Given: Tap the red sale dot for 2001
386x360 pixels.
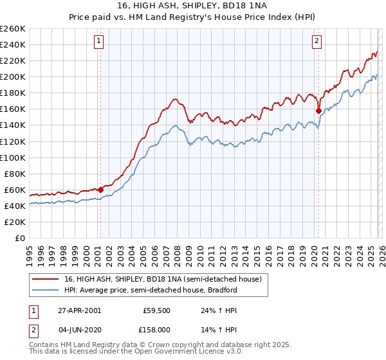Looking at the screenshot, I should click(101, 190).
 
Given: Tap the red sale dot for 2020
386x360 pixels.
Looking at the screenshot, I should click(318, 111).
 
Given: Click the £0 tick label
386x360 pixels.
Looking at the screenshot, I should click(19, 238).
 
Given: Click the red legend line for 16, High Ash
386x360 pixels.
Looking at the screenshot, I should click(46, 280).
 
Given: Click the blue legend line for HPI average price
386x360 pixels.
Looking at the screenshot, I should click(46, 290).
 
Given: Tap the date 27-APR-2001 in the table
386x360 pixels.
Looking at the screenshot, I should click(78, 310).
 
